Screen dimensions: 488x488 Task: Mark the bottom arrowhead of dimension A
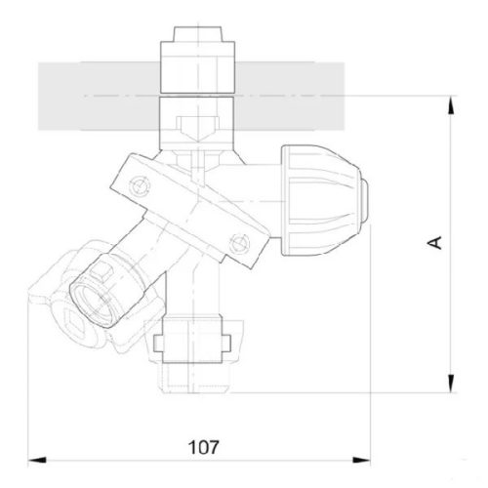[452, 386]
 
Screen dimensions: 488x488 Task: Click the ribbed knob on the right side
[316, 198]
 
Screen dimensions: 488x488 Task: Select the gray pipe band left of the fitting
[94, 96]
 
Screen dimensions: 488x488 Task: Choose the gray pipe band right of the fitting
[298, 96]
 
